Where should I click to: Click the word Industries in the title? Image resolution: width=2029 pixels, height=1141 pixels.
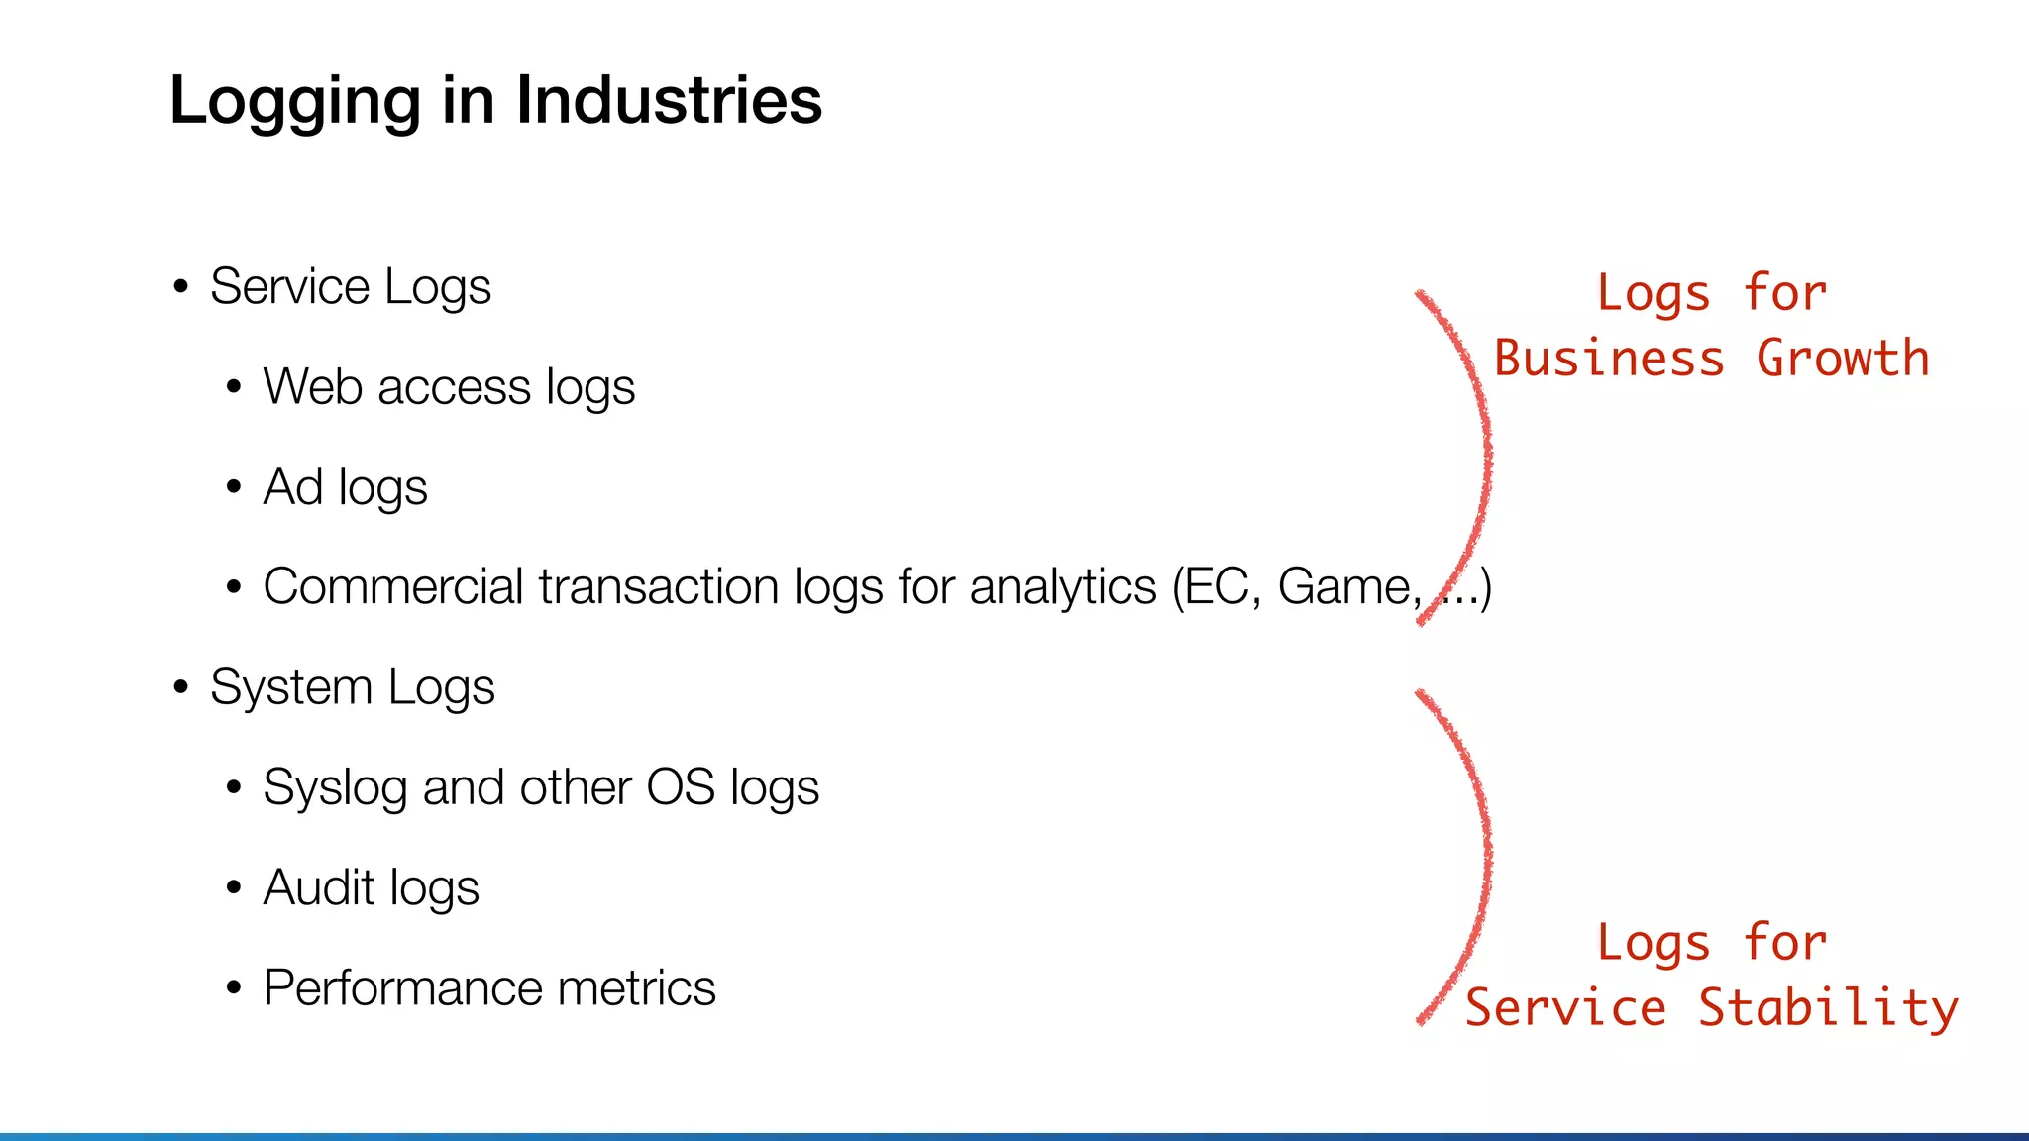click(669, 100)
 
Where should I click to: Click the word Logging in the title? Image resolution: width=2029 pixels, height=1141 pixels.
click(295, 102)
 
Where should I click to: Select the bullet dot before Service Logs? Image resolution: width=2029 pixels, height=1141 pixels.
click(180, 288)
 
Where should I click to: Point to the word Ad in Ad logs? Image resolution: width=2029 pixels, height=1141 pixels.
click(293, 486)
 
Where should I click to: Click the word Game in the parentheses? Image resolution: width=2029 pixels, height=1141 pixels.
click(1348, 586)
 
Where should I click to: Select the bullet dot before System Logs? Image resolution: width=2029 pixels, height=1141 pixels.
click(180, 687)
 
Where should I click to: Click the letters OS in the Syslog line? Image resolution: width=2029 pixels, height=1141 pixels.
click(681, 787)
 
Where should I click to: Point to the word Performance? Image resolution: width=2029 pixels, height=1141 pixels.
click(402, 987)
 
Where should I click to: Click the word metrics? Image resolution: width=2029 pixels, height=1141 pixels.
click(636, 987)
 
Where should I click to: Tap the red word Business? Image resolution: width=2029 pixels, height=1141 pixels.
click(1609, 359)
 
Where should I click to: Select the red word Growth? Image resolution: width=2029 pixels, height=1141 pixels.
click(1843, 359)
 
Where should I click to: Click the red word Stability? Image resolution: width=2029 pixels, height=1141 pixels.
click(1828, 1008)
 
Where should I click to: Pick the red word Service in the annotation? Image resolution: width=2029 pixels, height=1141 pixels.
click(1565, 1008)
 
